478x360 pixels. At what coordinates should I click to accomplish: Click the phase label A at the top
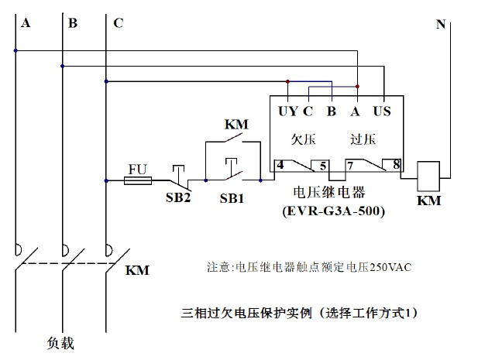(x=26, y=24)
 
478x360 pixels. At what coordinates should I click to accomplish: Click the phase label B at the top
(x=73, y=24)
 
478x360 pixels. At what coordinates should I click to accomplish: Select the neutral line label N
(x=441, y=25)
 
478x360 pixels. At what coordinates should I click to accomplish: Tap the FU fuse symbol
(x=139, y=180)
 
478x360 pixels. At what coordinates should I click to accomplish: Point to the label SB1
(x=231, y=197)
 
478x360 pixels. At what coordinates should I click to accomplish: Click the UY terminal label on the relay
(x=287, y=111)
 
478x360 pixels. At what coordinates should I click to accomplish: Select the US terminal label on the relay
(x=382, y=111)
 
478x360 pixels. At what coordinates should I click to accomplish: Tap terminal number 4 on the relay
(x=280, y=164)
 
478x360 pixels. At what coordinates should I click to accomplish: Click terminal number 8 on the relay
(x=396, y=164)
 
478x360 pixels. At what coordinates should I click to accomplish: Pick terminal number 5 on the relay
(x=323, y=164)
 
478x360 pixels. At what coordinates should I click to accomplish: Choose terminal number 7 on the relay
(x=351, y=164)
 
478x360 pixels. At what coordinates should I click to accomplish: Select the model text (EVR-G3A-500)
(x=334, y=210)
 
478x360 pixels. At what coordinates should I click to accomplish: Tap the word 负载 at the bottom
(x=60, y=341)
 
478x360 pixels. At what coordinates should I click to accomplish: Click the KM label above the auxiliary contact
(x=236, y=124)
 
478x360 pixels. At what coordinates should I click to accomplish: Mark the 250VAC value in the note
(x=390, y=267)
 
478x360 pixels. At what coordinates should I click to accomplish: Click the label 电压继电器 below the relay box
(x=330, y=192)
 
